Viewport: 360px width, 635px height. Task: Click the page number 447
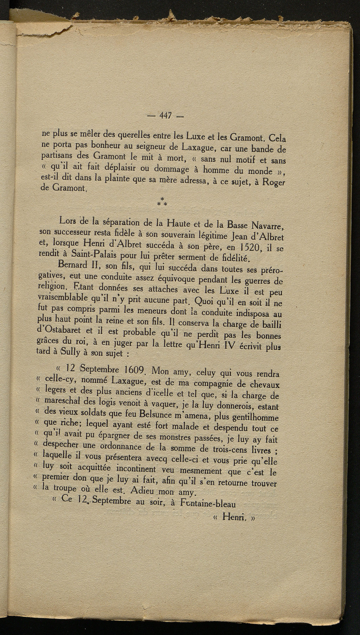(165, 116)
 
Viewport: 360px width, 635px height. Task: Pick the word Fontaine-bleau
(207, 503)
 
